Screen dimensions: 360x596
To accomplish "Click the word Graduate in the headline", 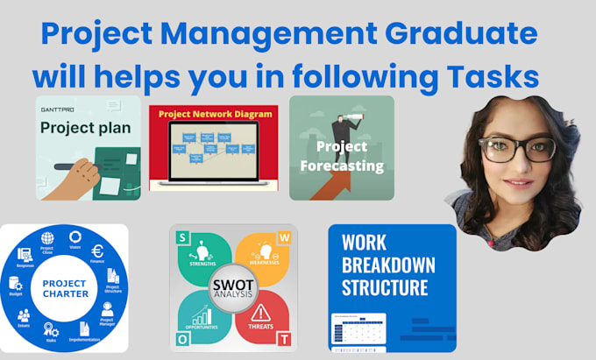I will coord(456,35).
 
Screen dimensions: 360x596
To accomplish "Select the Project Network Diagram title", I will coord(213,114).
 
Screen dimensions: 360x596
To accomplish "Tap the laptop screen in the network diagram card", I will coord(213,148).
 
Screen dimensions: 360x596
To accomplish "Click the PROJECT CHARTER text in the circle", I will coord(63,289).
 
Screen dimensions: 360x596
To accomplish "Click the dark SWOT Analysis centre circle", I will coord(233,288).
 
